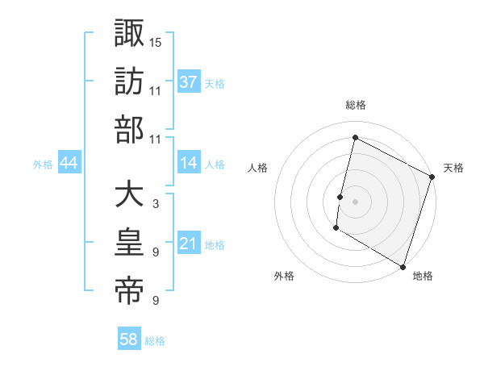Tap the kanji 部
[x=129, y=129]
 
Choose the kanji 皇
[x=129, y=243]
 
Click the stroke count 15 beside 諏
[x=156, y=41]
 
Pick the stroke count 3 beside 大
[x=155, y=204]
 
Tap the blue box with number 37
[x=189, y=82]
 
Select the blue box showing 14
[x=189, y=163]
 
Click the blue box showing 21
[x=189, y=244]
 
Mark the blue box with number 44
[x=69, y=164]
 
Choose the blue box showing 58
[x=129, y=339]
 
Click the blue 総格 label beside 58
[x=155, y=341]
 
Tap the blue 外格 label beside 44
[x=43, y=165]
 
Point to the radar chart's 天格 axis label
[x=454, y=168]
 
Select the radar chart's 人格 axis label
[x=258, y=168]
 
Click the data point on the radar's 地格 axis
[x=403, y=266]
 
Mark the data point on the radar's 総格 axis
[x=355, y=137]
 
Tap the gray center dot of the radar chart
[x=355, y=202]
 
